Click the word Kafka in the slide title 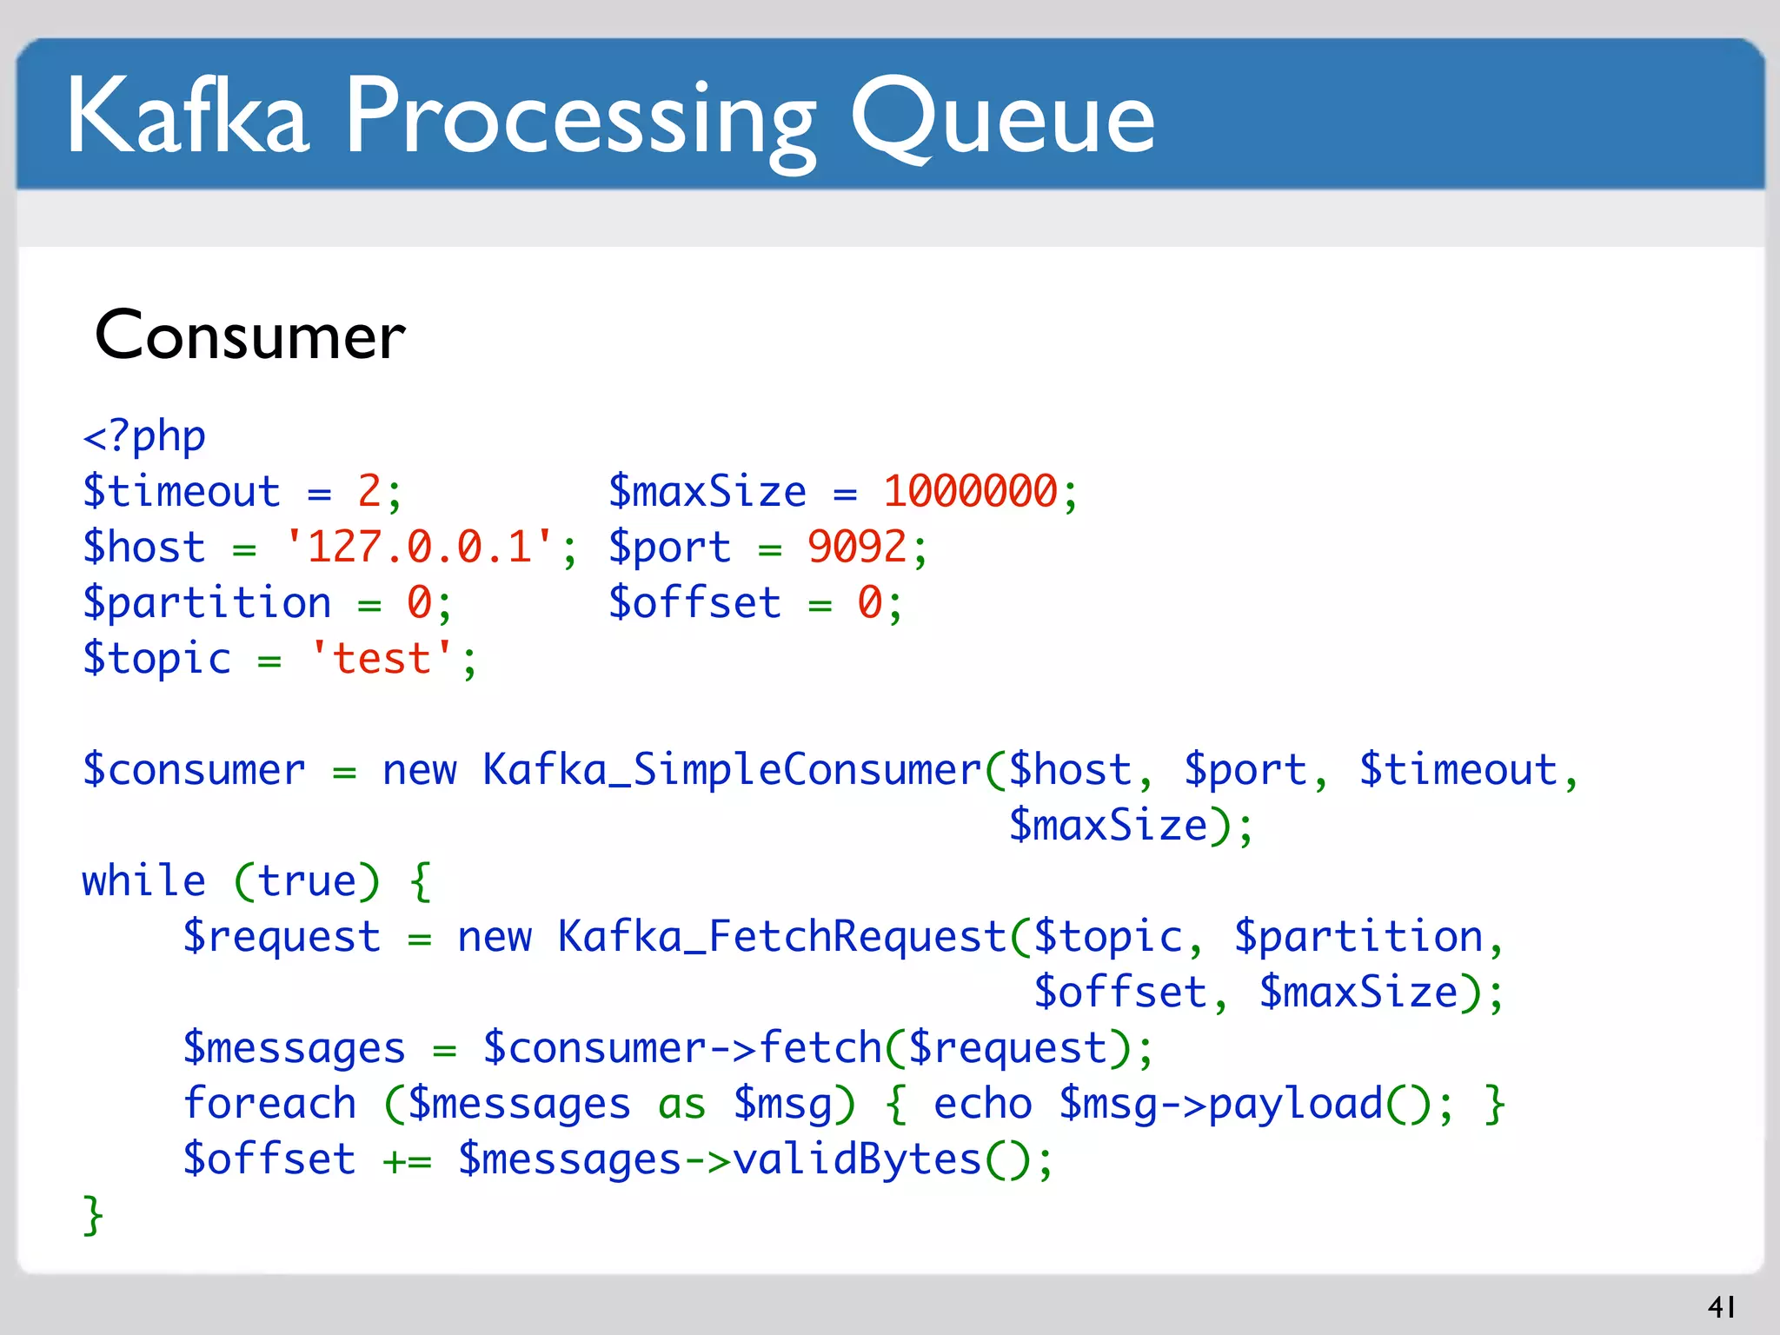click(188, 116)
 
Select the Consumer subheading click(249, 335)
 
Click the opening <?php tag click(144, 436)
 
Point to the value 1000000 click(970, 491)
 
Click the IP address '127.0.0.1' click(420, 548)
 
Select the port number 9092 click(857, 548)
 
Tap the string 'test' click(382, 659)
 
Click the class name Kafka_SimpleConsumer click(732, 770)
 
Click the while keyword click(144, 881)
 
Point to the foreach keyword click(269, 1104)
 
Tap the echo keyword click(982, 1104)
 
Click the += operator click(407, 1160)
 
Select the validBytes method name click(857, 1159)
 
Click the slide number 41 click(1721, 1306)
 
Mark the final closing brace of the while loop click(93, 1215)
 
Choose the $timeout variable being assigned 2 click(182, 492)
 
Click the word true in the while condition click(307, 881)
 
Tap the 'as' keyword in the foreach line click(681, 1104)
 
